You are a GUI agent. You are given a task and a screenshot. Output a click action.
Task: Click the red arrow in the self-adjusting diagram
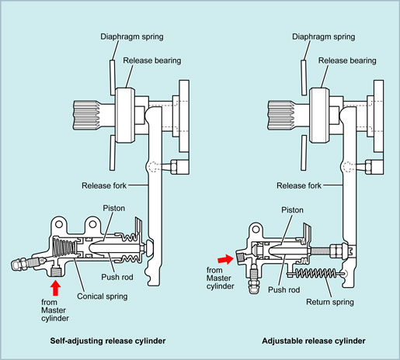(55, 288)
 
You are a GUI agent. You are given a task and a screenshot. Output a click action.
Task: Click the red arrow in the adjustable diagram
(225, 259)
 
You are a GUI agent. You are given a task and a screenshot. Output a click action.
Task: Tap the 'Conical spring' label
(103, 296)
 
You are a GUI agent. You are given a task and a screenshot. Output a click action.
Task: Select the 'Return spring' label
(330, 302)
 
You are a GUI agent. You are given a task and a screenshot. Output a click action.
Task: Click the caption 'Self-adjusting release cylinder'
(108, 341)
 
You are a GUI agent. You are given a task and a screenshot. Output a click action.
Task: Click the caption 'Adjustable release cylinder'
(314, 341)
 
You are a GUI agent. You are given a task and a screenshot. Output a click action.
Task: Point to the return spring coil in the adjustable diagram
(316, 273)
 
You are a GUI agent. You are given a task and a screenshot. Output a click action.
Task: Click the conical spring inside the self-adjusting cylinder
(64, 249)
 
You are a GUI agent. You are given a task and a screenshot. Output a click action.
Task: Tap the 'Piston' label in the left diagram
(114, 208)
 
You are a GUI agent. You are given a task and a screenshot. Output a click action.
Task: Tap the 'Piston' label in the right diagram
(292, 209)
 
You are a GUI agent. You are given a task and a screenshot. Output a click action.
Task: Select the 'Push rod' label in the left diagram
(117, 277)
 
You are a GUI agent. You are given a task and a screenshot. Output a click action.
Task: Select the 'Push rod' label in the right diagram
(283, 289)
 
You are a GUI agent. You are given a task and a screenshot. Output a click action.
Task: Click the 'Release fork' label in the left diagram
(104, 185)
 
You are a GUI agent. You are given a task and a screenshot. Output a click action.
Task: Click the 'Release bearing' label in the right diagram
(347, 61)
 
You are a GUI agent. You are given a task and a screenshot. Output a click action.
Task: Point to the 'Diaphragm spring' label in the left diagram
(132, 36)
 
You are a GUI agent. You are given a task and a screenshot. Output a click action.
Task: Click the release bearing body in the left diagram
(125, 116)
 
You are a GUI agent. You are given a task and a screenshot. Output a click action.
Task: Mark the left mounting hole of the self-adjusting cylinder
(59, 223)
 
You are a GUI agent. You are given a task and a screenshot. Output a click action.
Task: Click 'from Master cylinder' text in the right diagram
(220, 279)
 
